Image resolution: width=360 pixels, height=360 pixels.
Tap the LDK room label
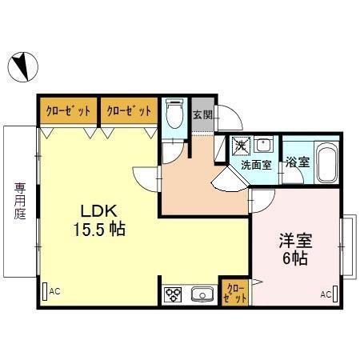point(99,211)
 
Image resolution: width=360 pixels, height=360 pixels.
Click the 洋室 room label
point(294,240)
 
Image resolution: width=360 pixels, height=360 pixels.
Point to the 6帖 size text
point(294,258)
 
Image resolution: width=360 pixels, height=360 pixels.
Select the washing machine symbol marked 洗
point(240,146)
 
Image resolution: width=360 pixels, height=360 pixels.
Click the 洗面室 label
point(257,165)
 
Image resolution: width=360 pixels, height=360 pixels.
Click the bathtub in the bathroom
point(327,163)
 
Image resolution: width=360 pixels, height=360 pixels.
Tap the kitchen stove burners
point(173,295)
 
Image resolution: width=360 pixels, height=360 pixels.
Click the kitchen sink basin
point(203,295)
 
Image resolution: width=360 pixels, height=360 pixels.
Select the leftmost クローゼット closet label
point(67,110)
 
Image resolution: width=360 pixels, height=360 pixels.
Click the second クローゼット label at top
point(128,110)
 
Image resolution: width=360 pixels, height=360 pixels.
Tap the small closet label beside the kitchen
point(235,292)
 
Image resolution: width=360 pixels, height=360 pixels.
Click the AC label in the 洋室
point(326,294)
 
